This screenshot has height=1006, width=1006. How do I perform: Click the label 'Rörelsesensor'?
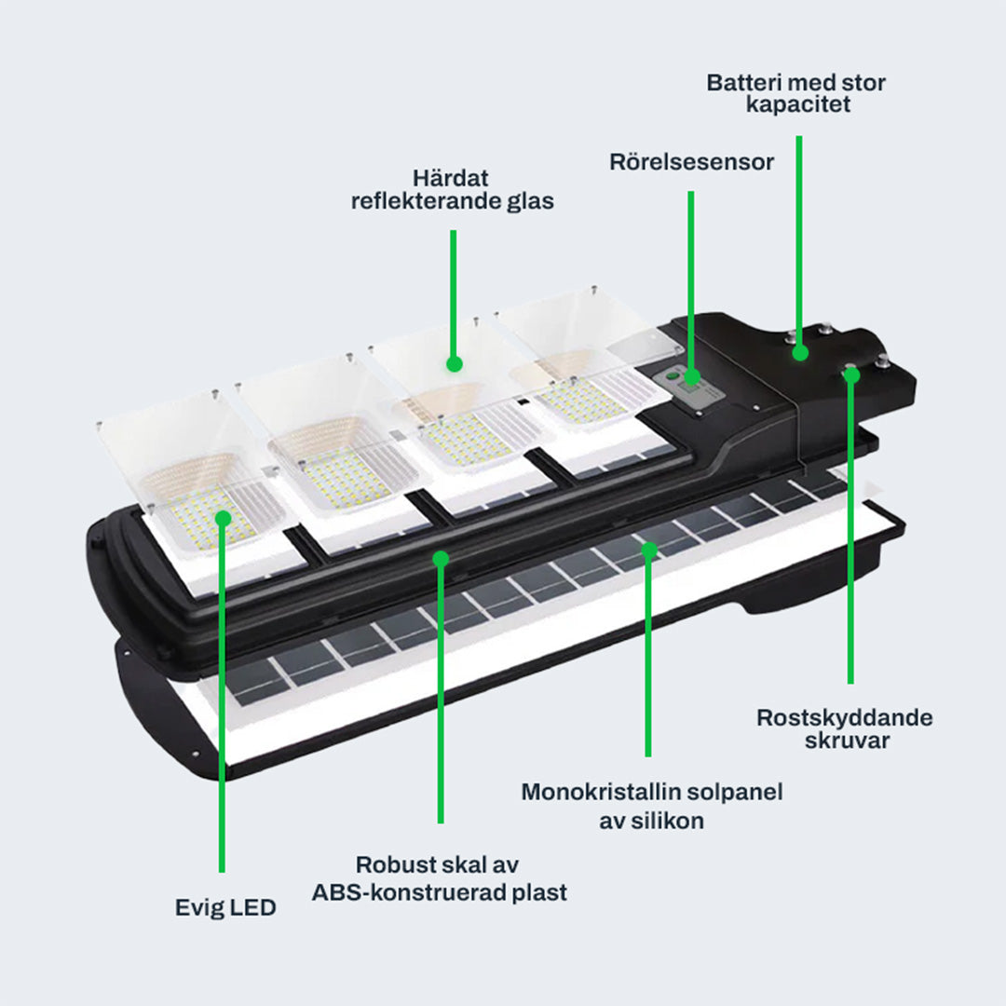pos(691,162)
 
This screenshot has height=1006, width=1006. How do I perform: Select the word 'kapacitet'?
pos(797,104)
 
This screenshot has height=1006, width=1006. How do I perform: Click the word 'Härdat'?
pos(453,177)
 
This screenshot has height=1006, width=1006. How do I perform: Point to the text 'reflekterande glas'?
pos(453,200)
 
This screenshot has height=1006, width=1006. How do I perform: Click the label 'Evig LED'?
pos(225,907)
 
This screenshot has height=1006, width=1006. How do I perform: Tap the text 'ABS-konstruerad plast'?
pos(440,892)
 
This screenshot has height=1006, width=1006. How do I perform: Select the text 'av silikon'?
pos(651,821)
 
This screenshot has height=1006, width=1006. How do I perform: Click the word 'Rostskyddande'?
pos(844,717)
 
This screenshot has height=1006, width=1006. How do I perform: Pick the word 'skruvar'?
pos(844,741)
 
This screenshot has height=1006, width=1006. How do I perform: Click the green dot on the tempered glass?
pos(454,363)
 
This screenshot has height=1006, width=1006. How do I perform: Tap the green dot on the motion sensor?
pos(690,376)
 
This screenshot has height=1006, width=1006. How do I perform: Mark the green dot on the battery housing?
pos(799,352)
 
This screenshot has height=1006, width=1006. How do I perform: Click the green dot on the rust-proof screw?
pos(850,374)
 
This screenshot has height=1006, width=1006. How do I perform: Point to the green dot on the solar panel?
pos(648,551)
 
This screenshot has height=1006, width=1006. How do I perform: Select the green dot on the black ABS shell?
pos(441,558)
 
